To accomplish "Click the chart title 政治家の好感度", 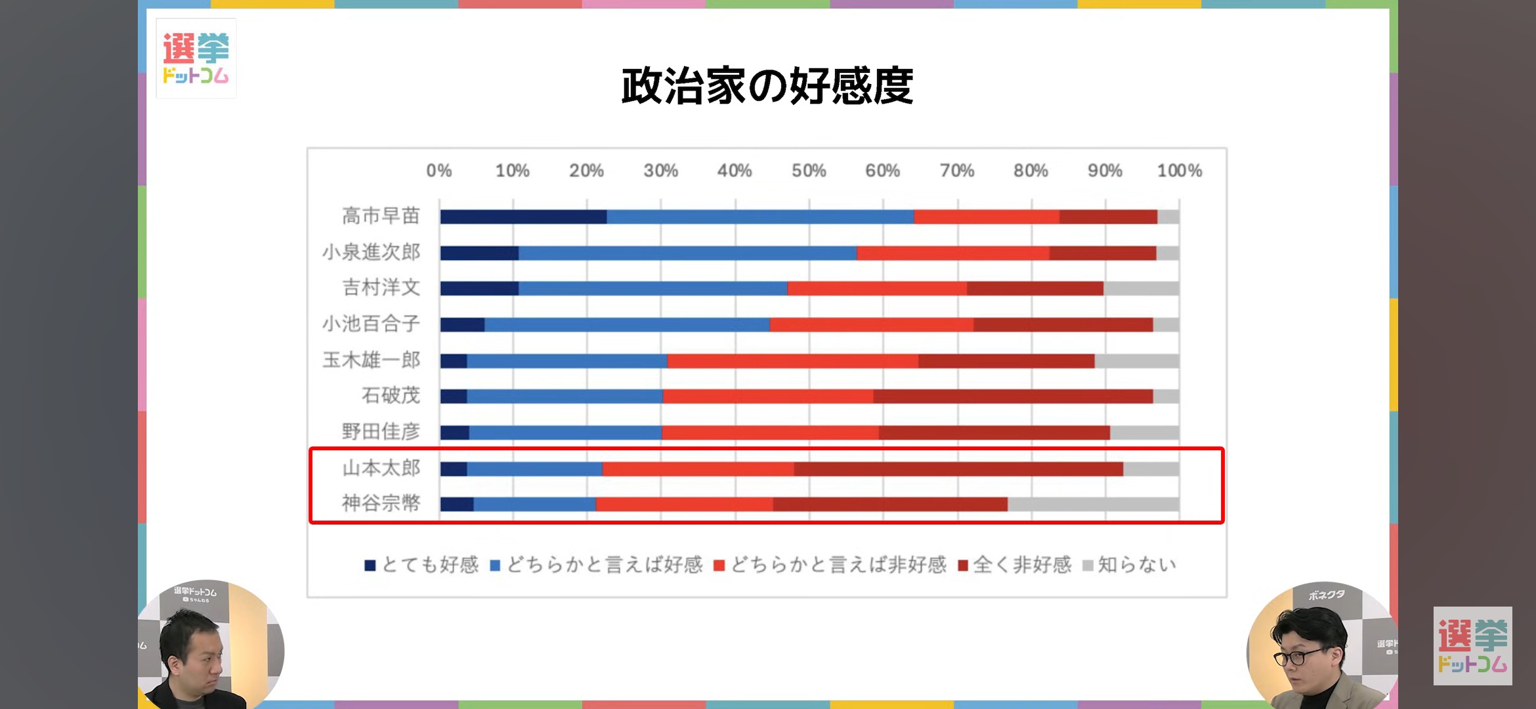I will [x=767, y=86].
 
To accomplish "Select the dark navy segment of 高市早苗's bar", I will [x=523, y=217].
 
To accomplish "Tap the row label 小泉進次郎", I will [x=371, y=252].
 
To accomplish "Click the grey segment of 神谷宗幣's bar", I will [x=1093, y=504].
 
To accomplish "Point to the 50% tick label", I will [x=808, y=171].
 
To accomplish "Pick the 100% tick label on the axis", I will [x=1179, y=171].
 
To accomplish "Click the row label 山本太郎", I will [x=381, y=468].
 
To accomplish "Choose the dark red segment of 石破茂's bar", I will [x=1013, y=397].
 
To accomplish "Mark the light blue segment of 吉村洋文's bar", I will [x=652, y=288].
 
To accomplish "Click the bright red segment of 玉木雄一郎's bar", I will [x=792, y=360].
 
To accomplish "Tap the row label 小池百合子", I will [x=371, y=324].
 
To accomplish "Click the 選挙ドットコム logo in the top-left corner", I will [x=196, y=58].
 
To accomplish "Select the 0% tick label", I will [x=438, y=171].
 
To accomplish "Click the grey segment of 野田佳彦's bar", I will [x=1144, y=433].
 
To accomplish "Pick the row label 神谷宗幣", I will [x=381, y=504].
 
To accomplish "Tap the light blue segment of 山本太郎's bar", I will [x=534, y=469].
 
